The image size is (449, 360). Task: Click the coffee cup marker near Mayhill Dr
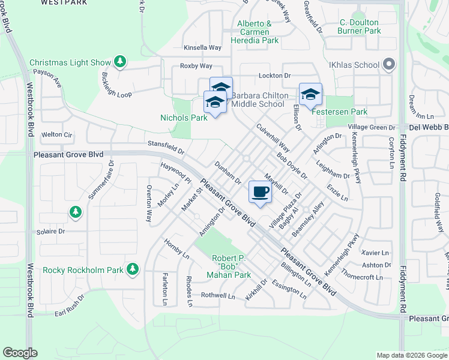click(259, 193)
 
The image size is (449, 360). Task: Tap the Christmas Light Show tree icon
click(120, 62)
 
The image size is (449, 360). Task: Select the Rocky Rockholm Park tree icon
click(132, 269)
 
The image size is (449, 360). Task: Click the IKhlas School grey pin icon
click(388, 64)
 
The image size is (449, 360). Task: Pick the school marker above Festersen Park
click(310, 94)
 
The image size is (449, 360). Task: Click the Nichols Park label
click(184, 118)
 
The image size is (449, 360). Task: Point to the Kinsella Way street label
click(203, 47)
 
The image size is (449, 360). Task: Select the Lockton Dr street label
click(274, 76)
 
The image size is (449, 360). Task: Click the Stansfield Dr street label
click(166, 144)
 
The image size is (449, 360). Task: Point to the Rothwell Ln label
click(218, 295)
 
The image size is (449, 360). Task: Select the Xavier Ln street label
click(376, 253)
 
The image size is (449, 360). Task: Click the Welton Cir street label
click(56, 135)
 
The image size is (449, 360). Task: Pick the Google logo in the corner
click(20, 353)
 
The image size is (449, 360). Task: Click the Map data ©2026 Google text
click(411, 355)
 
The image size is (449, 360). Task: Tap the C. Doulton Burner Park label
click(360, 26)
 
